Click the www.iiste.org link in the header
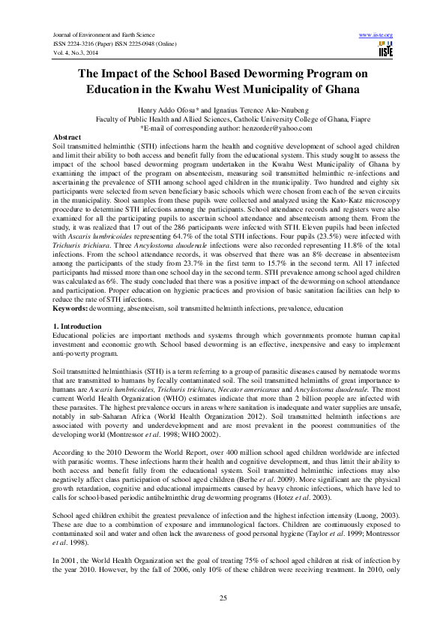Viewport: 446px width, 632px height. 376,35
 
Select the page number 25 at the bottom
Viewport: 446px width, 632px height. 223,597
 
